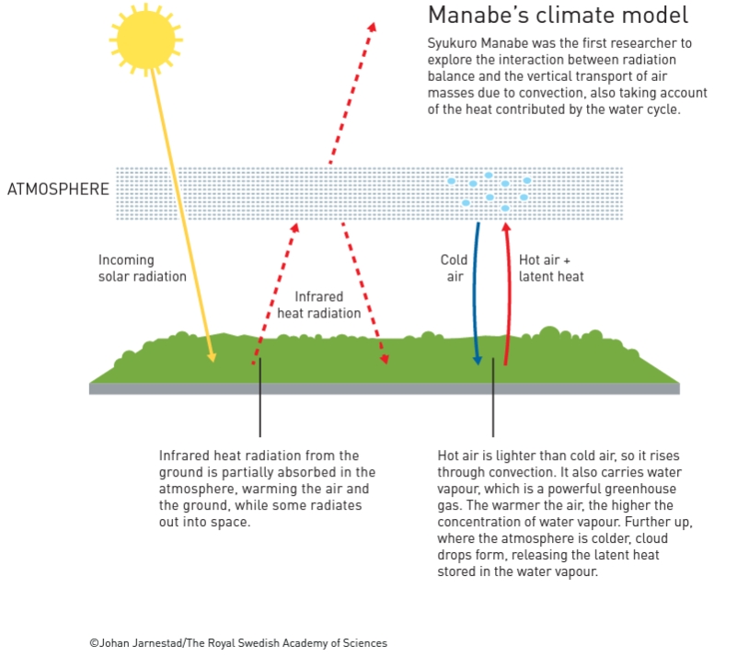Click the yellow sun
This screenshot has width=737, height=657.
click(x=145, y=40)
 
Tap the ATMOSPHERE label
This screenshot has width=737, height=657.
click(x=58, y=189)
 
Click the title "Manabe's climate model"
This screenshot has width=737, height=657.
click(x=558, y=15)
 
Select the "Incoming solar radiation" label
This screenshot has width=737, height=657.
click(x=142, y=268)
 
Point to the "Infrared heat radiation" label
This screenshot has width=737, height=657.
click(x=318, y=305)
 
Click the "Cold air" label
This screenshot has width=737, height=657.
click(x=454, y=268)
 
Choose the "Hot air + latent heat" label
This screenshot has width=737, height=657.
click(x=551, y=268)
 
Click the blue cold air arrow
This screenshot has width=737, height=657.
click(x=475, y=294)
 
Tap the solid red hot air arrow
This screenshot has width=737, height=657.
click(x=509, y=294)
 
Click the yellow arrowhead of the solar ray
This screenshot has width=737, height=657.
click(x=212, y=356)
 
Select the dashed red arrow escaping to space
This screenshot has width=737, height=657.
click(x=352, y=93)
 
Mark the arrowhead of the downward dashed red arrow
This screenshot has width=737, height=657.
click(x=384, y=359)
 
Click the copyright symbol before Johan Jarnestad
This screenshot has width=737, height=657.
click(x=94, y=643)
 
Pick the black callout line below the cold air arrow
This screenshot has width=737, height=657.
click(x=493, y=398)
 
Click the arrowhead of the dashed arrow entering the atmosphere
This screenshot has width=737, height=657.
click(x=295, y=228)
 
